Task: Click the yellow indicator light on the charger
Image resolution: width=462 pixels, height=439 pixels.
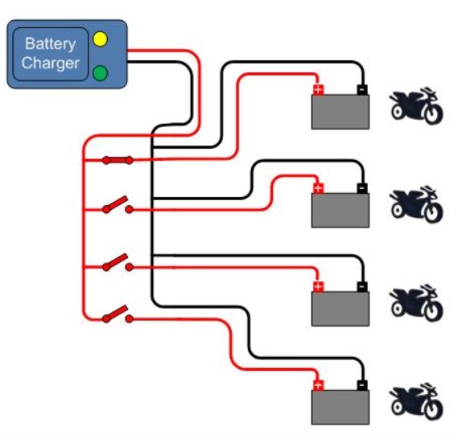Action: coord(100,39)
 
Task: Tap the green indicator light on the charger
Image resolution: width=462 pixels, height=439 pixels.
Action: coord(100,73)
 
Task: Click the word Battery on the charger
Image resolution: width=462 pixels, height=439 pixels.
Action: coord(51,44)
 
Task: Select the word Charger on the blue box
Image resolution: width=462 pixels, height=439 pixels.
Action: coord(51,63)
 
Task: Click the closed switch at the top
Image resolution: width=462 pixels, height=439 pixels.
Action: coord(118,160)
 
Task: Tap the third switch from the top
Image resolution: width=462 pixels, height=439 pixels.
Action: coord(118,262)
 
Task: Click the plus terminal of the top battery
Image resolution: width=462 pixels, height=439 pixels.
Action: coord(318,89)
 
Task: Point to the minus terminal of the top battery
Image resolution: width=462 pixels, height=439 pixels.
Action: coord(362,89)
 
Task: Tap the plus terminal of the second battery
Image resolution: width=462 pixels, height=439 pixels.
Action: coord(318,188)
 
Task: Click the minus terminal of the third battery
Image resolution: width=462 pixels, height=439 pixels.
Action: coord(362,286)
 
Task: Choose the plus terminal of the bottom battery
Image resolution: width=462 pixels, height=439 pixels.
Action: coord(318,385)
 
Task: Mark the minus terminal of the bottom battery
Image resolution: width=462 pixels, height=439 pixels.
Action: coord(362,385)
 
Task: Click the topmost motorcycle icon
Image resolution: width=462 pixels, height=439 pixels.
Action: coord(416,105)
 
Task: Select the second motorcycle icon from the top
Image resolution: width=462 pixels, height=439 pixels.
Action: coord(416,204)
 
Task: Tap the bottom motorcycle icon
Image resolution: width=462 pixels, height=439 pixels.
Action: coord(416,402)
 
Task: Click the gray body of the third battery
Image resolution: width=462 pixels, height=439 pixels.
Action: coord(340,309)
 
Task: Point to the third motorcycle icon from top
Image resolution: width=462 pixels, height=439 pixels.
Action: coord(416,303)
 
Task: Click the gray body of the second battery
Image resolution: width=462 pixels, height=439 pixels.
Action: coord(340,210)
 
